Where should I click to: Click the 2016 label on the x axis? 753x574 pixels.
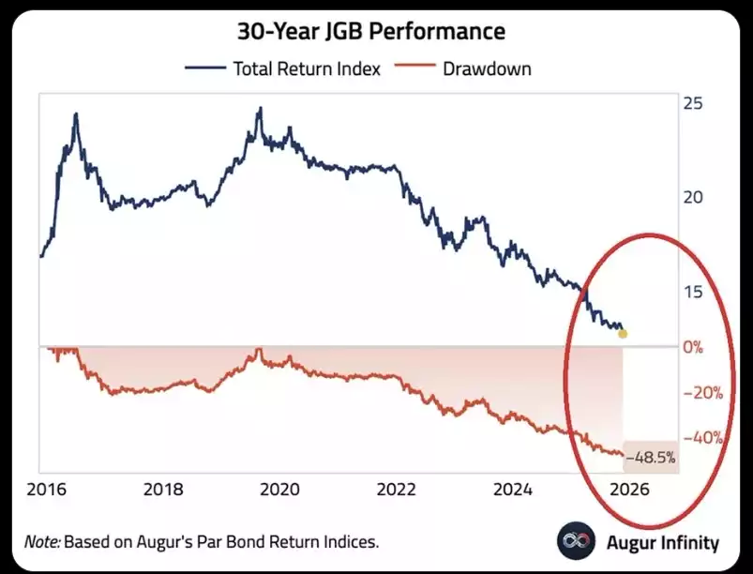pos(45,489)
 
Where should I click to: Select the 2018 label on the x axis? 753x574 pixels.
pos(162,489)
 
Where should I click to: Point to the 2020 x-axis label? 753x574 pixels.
pos(279,489)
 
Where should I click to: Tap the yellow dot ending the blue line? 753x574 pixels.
pos(624,333)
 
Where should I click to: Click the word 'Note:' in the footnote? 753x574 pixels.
pos(42,541)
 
